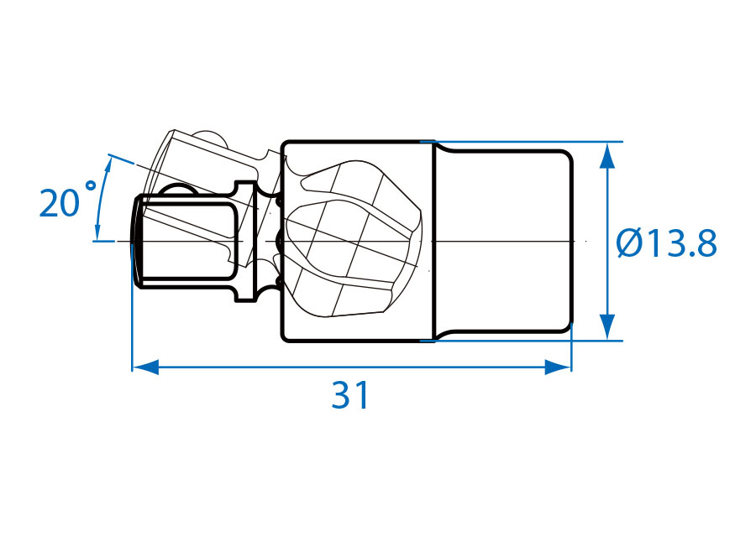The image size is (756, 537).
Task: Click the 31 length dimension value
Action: (x=350, y=395)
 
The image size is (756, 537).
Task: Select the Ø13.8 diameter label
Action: (x=667, y=243)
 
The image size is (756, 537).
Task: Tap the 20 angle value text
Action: (x=59, y=204)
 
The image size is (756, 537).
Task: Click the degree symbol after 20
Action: (x=90, y=185)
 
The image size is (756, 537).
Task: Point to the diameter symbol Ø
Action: (x=631, y=243)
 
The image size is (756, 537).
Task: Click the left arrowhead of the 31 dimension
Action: (x=145, y=367)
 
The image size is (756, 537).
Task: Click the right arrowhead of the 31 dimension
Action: (x=558, y=367)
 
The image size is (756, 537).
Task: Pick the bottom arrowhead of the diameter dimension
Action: (x=608, y=327)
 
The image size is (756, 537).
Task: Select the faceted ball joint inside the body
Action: (x=354, y=239)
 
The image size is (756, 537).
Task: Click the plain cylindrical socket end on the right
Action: (x=504, y=241)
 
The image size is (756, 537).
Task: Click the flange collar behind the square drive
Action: (x=246, y=241)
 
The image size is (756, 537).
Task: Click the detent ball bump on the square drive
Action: (x=177, y=189)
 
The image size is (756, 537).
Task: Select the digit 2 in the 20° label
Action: (x=50, y=204)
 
